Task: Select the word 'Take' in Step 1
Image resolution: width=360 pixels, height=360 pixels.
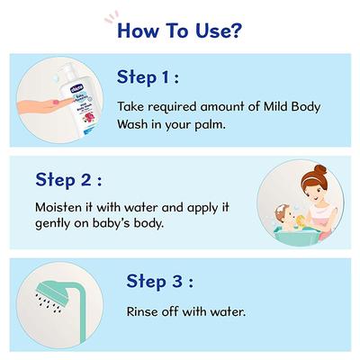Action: [131, 105]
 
